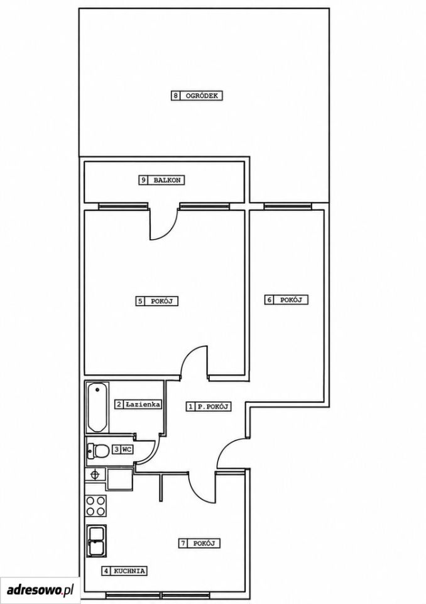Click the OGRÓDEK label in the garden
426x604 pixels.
[x=201, y=96]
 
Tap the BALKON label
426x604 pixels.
[x=167, y=180]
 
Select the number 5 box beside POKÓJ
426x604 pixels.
[x=140, y=301]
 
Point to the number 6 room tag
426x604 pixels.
[x=269, y=299]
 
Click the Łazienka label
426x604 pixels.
[x=143, y=405]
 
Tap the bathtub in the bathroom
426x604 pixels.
[x=97, y=407]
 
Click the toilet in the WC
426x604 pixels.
[x=98, y=450]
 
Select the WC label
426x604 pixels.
[x=127, y=449]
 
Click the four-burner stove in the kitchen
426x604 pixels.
[x=96, y=506]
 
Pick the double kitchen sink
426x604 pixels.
[x=96, y=540]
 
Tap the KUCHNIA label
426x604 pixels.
[x=129, y=571]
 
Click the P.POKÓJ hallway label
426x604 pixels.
[x=213, y=406]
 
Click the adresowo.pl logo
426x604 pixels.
[x=40, y=590]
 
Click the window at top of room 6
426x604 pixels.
[x=288, y=206]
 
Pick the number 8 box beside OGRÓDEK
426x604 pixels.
[x=175, y=96]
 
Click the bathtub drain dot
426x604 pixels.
[x=97, y=389]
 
